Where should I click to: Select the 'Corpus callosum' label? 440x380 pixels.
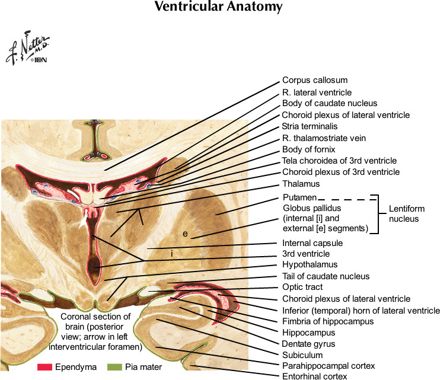coord(314,80)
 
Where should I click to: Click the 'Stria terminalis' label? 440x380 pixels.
coord(310,126)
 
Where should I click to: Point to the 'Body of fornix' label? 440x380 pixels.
coord(308,149)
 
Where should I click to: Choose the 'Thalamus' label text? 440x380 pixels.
coord(300,184)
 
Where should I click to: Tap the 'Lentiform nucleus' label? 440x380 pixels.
coord(406,213)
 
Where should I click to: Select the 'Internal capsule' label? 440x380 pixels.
coord(313,243)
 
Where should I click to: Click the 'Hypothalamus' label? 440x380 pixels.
coord(310,264)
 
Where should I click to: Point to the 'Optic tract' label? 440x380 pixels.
coord(303,288)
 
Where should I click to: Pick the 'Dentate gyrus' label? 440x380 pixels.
coord(308,343)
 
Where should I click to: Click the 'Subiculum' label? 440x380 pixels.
coord(302,355)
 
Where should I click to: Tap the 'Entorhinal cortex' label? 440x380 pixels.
coord(315,376)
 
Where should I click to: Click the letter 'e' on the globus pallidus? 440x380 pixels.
coord(185,234)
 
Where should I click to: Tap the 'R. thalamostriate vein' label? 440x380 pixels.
coord(324,138)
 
